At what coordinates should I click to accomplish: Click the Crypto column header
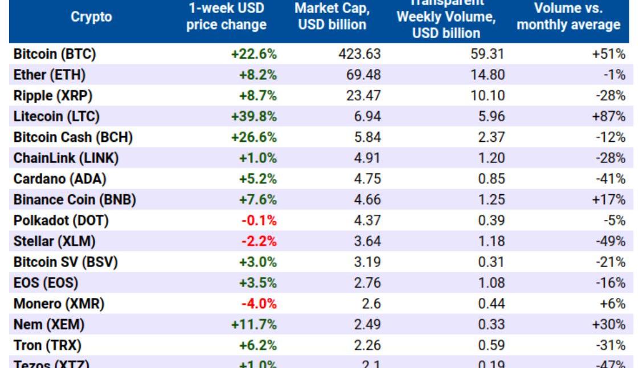(91, 17)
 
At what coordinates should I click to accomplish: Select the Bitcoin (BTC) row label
(55, 54)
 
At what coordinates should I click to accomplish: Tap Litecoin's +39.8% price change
(254, 117)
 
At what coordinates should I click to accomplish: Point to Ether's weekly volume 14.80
(487, 75)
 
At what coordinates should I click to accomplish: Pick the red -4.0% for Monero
(259, 304)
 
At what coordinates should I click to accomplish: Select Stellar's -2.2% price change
(259, 241)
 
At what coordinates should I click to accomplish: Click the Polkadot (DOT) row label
(61, 220)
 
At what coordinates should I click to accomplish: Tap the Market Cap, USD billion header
(333, 17)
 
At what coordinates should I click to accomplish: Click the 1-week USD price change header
(226, 17)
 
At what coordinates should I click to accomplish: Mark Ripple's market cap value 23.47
(363, 96)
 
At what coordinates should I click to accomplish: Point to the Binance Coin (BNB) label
(75, 200)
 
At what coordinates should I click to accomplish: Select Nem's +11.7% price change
(254, 325)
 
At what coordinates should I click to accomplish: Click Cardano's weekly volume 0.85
(492, 179)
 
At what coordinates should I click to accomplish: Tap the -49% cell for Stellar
(612, 241)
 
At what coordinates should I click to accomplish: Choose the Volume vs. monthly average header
(568, 17)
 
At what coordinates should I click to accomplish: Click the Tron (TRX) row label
(47, 345)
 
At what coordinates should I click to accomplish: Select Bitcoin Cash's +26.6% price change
(254, 137)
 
